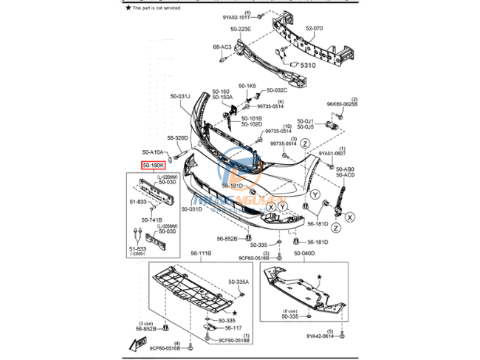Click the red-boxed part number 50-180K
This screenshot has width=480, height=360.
point(154,166)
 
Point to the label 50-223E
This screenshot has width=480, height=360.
point(240,30)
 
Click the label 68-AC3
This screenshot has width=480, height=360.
point(222,47)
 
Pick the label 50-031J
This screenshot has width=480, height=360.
point(180,96)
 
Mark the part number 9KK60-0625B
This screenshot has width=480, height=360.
point(341,104)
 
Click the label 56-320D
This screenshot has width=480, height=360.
point(177,137)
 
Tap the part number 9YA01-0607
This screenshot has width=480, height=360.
point(332,154)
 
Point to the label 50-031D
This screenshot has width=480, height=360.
point(191,209)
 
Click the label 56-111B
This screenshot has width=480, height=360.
point(199,253)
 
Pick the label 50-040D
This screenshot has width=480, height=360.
point(304,253)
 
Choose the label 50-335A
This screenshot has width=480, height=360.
point(239,282)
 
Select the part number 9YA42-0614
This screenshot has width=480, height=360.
point(321,336)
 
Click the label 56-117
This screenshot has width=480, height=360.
point(234,328)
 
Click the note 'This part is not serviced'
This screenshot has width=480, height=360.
point(158,7)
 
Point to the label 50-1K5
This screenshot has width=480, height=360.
point(247,86)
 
